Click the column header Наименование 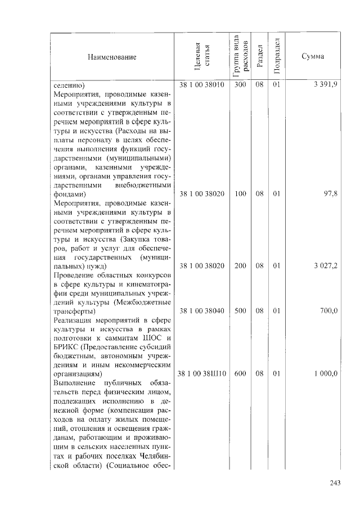111,57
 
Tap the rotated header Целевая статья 201,57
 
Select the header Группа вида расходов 240,57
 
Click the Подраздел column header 276,57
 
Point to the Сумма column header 312,57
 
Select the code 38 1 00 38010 201,85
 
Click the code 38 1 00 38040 201,310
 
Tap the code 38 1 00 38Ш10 201,373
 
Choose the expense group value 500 240,310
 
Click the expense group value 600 240,373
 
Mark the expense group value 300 240,85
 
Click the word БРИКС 67,346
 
